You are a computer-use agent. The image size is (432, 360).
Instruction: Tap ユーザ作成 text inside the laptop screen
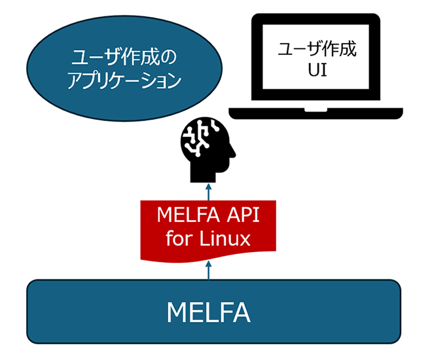[317, 48]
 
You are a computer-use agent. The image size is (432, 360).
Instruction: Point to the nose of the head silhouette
[233, 156]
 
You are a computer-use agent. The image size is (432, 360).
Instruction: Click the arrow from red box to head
[208, 191]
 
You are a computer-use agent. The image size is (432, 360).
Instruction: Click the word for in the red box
[179, 238]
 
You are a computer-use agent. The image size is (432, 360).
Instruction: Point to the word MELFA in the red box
[185, 217]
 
